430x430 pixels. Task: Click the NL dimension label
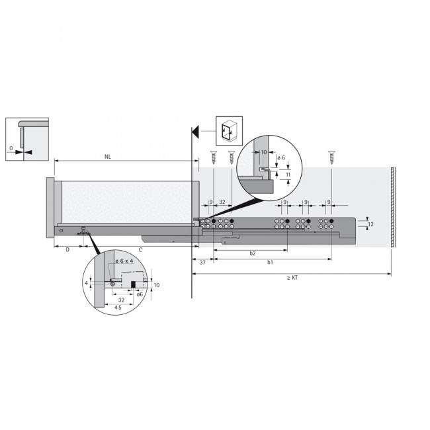click(108, 157)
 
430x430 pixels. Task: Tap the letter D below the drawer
click(67, 250)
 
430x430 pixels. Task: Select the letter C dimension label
click(140, 250)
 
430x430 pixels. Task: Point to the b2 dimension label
click(253, 253)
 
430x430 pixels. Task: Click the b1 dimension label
click(271, 263)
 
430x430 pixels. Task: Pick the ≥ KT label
click(292, 279)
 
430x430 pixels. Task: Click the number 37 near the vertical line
click(202, 263)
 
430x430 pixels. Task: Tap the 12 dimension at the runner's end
click(371, 225)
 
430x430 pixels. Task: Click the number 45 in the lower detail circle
click(118, 308)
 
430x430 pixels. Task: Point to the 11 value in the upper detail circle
click(288, 175)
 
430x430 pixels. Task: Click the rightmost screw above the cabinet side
click(331, 158)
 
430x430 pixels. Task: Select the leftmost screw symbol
click(214, 158)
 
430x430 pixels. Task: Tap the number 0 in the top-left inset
click(11, 149)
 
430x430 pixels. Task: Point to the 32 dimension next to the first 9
click(222, 201)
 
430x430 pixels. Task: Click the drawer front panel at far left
click(50, 207)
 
